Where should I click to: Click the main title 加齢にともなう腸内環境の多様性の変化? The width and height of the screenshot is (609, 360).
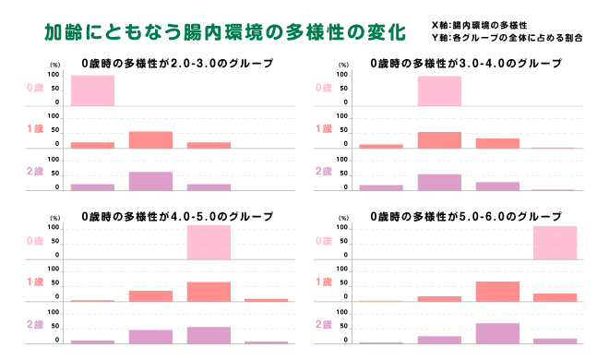[x=225, y=31]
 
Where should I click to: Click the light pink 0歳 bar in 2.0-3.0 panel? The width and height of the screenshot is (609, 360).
[x=92, y=90]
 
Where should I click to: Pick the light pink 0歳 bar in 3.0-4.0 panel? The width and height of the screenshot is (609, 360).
[x=439, y=90]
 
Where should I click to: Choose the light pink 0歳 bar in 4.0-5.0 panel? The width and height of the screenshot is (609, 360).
[x=209, y=243]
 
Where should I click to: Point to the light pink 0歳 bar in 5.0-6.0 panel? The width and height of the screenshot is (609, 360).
[x=555, y=243]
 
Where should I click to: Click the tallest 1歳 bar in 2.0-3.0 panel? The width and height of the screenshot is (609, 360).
[x=150, y=139]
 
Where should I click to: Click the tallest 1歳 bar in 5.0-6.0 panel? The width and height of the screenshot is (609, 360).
[x=497, y=292]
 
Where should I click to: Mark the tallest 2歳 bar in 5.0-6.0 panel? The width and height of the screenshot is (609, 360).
[x=497, y=333]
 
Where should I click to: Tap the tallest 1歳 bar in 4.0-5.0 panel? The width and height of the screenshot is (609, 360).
[x=209, y=292]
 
